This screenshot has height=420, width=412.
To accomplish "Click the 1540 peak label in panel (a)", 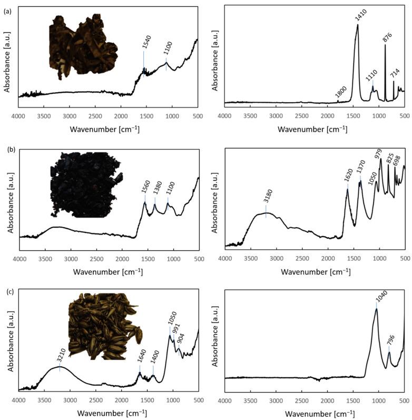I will (x=145, y=44).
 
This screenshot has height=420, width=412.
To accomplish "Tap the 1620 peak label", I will (x=348, y=175).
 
